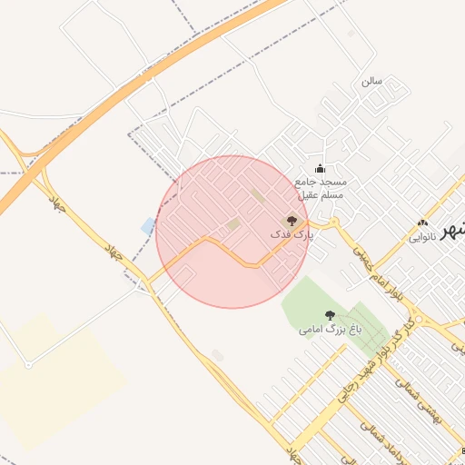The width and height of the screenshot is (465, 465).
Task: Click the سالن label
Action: click(371, 81)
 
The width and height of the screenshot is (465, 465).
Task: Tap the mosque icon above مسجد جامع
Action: click(319, 168)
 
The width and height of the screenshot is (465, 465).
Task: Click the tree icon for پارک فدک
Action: click(292, 220)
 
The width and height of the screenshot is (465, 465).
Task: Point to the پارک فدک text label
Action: click(291, 234)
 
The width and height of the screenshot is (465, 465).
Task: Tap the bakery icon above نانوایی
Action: click(421, 223)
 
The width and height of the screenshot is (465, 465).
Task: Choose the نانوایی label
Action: click(422, 237)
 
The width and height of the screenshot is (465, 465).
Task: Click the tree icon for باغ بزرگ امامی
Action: click(330, 316)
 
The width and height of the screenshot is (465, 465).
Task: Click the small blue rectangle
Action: click(148, 225)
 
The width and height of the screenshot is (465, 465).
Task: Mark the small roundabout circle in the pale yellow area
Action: click(28, 365)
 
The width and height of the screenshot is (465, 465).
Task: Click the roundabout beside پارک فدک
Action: click(334, 223)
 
